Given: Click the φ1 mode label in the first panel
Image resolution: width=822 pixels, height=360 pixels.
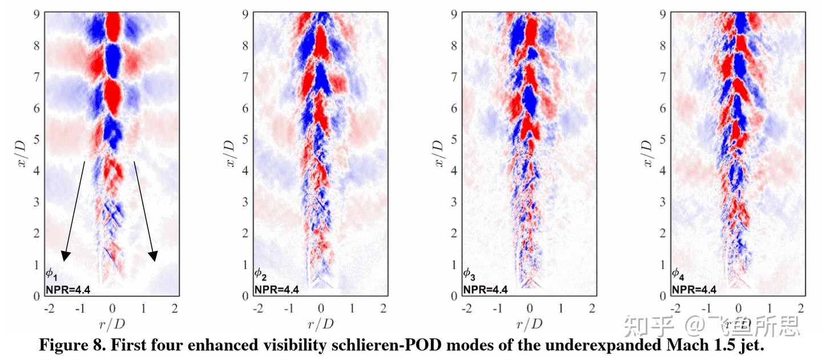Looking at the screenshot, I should pos(52,274).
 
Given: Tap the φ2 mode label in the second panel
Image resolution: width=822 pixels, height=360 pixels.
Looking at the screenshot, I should pos(260,274).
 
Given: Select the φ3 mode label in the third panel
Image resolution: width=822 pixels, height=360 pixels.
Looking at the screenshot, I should pos(469,274).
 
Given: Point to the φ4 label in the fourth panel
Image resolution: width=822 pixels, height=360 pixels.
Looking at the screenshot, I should pos(677,274).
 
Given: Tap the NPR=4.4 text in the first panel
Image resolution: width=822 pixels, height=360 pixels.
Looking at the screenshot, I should pos(68,289).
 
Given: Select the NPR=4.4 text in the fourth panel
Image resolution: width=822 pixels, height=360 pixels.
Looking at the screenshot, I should pos(694,289).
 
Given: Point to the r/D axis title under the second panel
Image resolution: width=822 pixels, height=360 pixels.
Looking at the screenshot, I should pos(321,325).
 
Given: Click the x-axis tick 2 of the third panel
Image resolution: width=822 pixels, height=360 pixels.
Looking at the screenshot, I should pos(593,309).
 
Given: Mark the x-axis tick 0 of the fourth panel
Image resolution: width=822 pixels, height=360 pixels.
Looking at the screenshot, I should pos(739,309).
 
